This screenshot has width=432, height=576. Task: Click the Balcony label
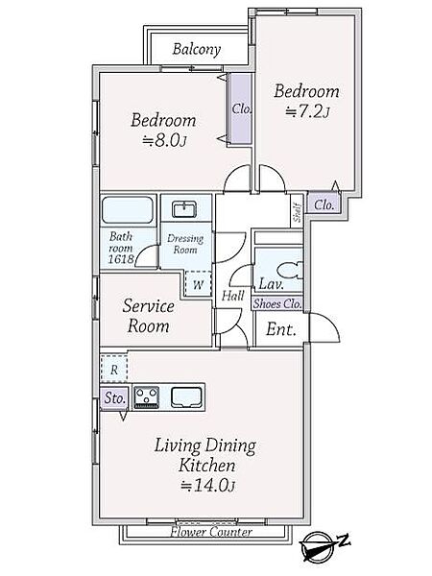coord(197,49)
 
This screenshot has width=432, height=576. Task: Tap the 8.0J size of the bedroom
coord(165,141)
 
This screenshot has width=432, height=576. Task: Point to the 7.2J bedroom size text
coord(307,111)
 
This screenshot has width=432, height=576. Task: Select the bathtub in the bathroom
coord(128,210)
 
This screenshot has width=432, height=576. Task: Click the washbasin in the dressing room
coord(184,209)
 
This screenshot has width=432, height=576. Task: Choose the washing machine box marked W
coord(198,284)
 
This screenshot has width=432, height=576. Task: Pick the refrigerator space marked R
coord(114,369)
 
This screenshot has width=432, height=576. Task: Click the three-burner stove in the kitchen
coord(146,397)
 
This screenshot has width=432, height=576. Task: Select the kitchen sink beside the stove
coord(186,397)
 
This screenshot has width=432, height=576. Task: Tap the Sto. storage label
coord(115,398)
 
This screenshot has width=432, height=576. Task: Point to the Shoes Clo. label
coord(277,303)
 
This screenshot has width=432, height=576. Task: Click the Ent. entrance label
coord(281,329)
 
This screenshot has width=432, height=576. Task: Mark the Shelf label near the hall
coord(298,213)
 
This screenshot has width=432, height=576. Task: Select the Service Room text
coord(149,316)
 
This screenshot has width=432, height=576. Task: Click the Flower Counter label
coord(211,532)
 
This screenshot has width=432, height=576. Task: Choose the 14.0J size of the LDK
coord(208,486)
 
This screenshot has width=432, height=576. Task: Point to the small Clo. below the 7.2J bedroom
coord(324,204)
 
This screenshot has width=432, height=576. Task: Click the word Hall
coord(233,296)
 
